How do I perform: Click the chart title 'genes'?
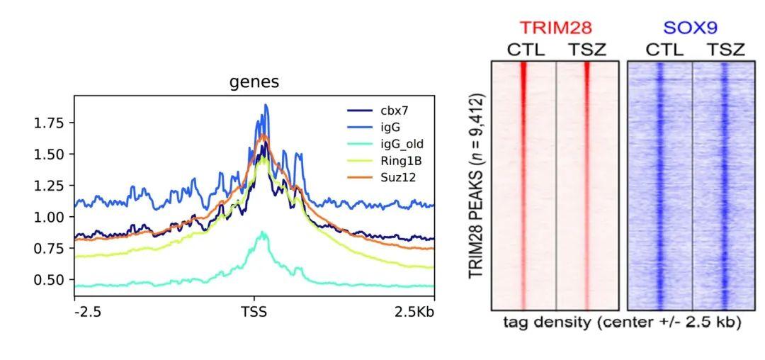pos(254,82)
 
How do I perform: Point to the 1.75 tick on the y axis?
pos(49,123)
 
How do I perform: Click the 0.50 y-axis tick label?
pos(49,279)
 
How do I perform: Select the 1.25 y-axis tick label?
pos(49,186)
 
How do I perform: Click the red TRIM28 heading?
pos(555,28)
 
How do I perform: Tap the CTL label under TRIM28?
pos(525,50)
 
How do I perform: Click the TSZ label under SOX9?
pos(725,50)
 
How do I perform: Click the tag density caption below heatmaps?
pos(622,322)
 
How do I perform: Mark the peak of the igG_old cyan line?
pos(263,232)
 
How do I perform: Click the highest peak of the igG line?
pos(266,105)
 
